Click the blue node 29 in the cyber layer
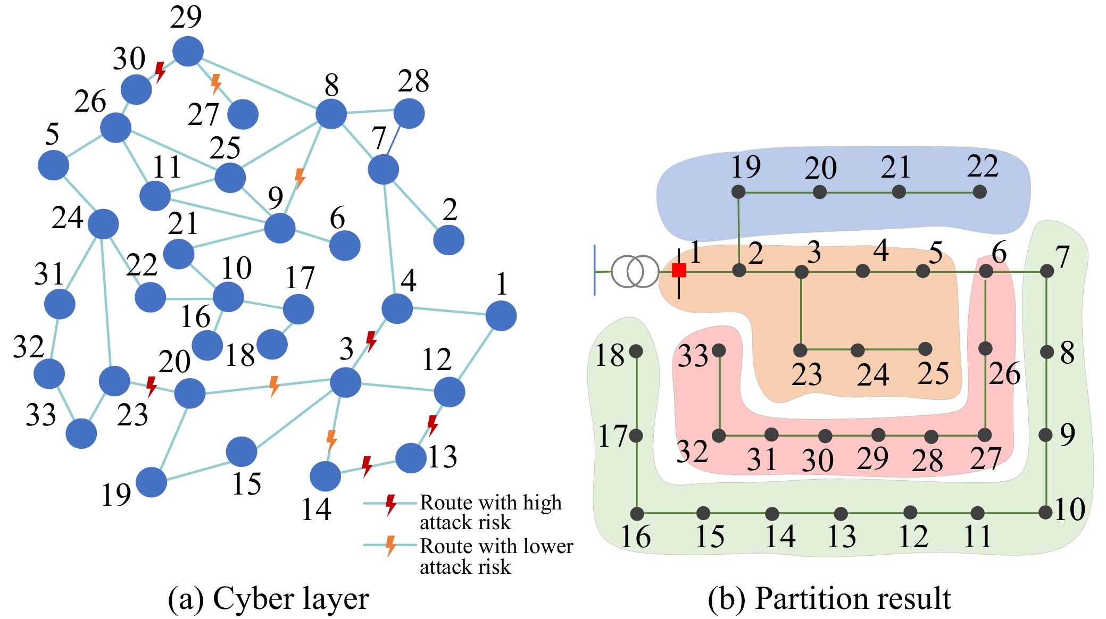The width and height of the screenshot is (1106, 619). pos(188,51)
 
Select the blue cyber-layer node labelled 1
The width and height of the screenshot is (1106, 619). pos(501,315)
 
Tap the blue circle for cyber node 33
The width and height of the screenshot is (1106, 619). pos(81,433)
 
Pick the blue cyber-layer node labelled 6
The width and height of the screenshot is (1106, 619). pos(345,245)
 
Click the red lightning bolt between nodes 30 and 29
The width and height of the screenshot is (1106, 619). pos(160,71)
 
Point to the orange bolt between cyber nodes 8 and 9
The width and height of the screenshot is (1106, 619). pos(300,178)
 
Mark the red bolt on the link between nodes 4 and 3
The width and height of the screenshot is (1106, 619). pos(371,340)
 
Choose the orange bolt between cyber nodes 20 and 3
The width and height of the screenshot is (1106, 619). pos(274,386)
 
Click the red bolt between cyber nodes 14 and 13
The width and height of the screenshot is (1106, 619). pos(367,466)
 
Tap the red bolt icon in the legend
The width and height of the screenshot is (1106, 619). pos(391,504)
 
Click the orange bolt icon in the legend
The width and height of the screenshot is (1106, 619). pos(391,546)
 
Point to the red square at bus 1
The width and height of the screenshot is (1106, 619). pos(679,270)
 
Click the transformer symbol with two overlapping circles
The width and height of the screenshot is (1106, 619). pos(635,271)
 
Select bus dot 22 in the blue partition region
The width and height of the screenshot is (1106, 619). pos(979,192)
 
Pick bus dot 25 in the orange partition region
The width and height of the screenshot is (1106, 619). pos(925,349)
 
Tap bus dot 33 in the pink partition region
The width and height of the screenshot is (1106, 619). pos(719,350)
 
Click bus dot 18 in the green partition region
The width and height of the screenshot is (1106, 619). pos(636,351)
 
